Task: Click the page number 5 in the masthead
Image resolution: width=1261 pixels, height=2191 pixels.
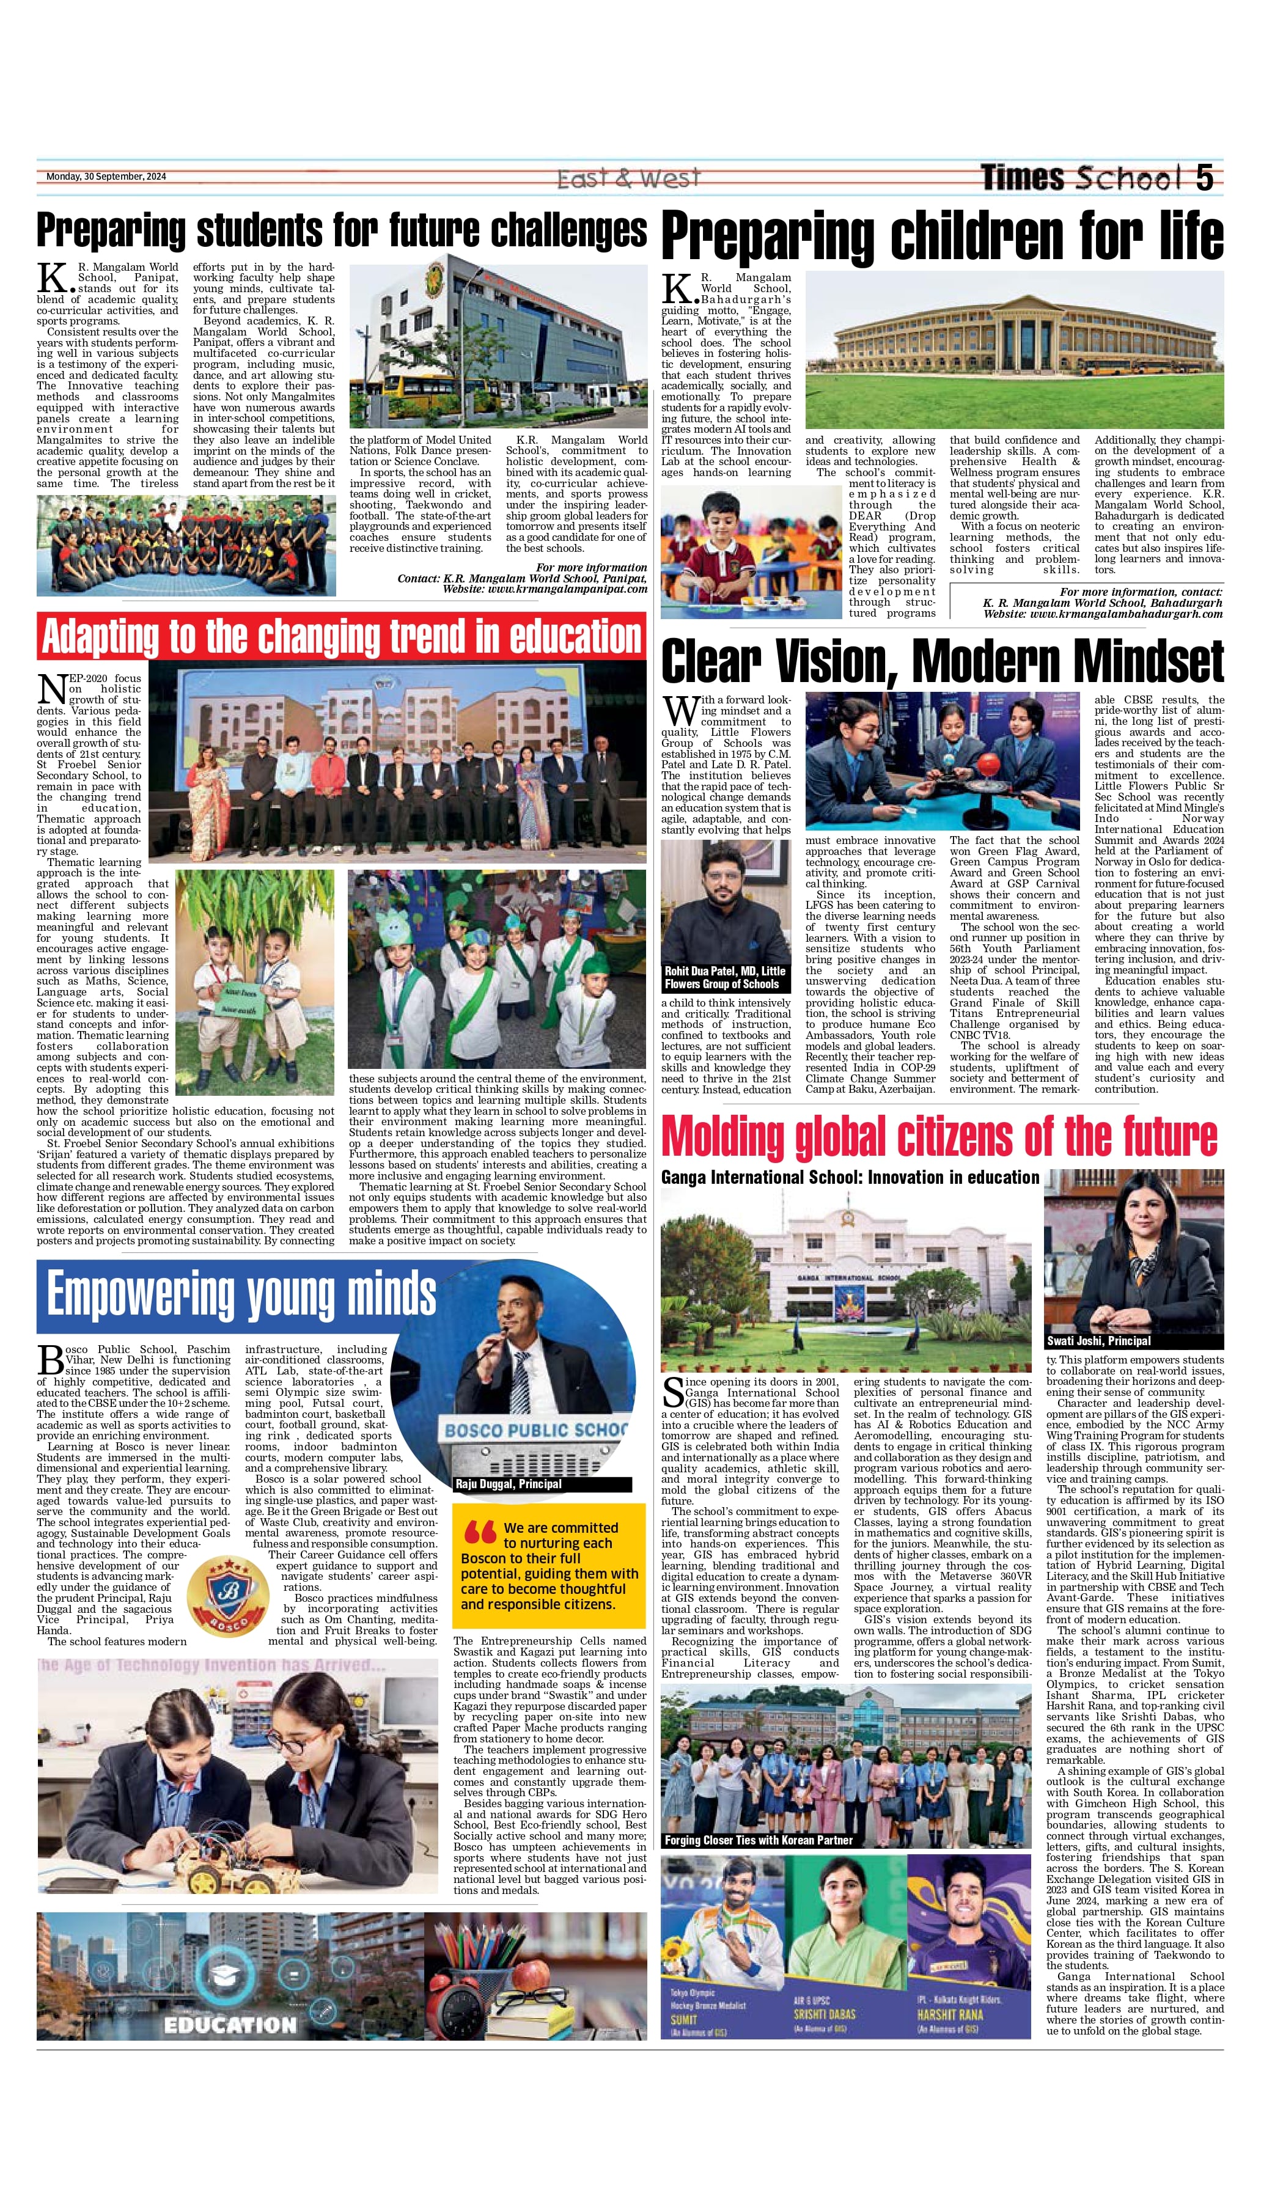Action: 1204,177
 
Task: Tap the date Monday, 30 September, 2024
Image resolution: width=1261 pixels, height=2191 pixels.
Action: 106,177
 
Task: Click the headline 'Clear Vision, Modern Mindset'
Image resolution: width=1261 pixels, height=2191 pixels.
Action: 943,661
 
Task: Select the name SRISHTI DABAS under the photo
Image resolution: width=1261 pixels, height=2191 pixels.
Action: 823,2014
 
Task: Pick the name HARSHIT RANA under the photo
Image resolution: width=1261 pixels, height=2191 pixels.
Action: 950,2014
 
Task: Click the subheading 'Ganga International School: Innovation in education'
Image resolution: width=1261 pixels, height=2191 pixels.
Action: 850,1177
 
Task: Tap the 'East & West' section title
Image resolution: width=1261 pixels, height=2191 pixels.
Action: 628,178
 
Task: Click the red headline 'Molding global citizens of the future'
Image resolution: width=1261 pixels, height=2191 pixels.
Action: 939,1136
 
